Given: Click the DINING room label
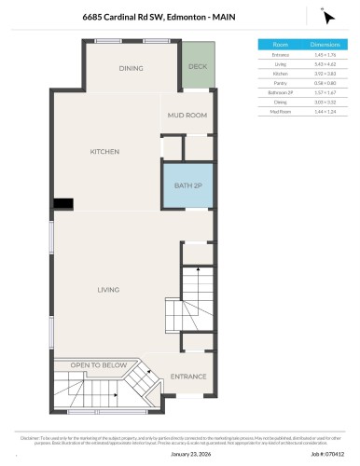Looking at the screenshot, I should point(131,68).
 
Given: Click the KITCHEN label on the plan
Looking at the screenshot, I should point(105,151).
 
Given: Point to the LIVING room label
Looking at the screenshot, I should point(108,290).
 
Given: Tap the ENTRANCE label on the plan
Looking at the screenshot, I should point(188,377).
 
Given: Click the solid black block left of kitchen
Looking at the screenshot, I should point(63,203).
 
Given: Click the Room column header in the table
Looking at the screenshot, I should point(280,44).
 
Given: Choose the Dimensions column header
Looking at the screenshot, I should point(324,44).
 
